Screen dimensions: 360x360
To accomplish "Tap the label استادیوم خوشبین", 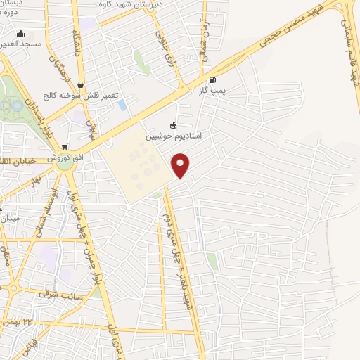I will (173, 136).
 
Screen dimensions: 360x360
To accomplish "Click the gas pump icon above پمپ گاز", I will (212, 79).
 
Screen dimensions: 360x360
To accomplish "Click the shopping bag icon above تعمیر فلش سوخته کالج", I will (80, 85).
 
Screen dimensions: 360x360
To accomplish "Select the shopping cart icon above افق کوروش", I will (65, 148).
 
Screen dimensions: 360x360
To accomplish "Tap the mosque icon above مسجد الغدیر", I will (21, 33).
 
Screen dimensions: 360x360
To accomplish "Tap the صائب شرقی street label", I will (60, 294).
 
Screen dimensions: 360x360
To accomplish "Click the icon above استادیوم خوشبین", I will (173, 126).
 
